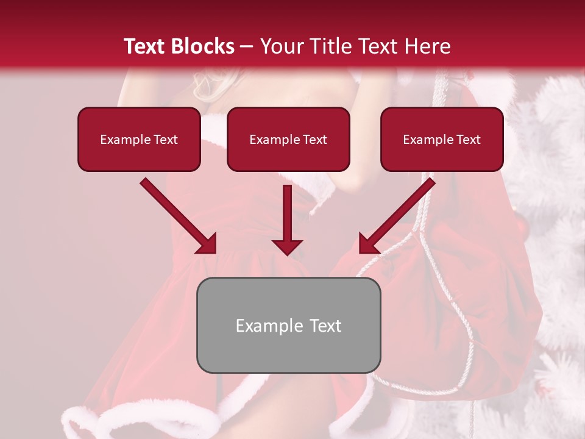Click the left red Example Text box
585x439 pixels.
click(139, 140)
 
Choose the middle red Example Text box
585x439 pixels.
click(288, 140)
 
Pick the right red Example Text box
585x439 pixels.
click(442, 140)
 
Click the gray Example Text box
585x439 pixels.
click(288, 326)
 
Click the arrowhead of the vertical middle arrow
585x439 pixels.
click(287, 246)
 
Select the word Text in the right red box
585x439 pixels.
click(467, 140)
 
